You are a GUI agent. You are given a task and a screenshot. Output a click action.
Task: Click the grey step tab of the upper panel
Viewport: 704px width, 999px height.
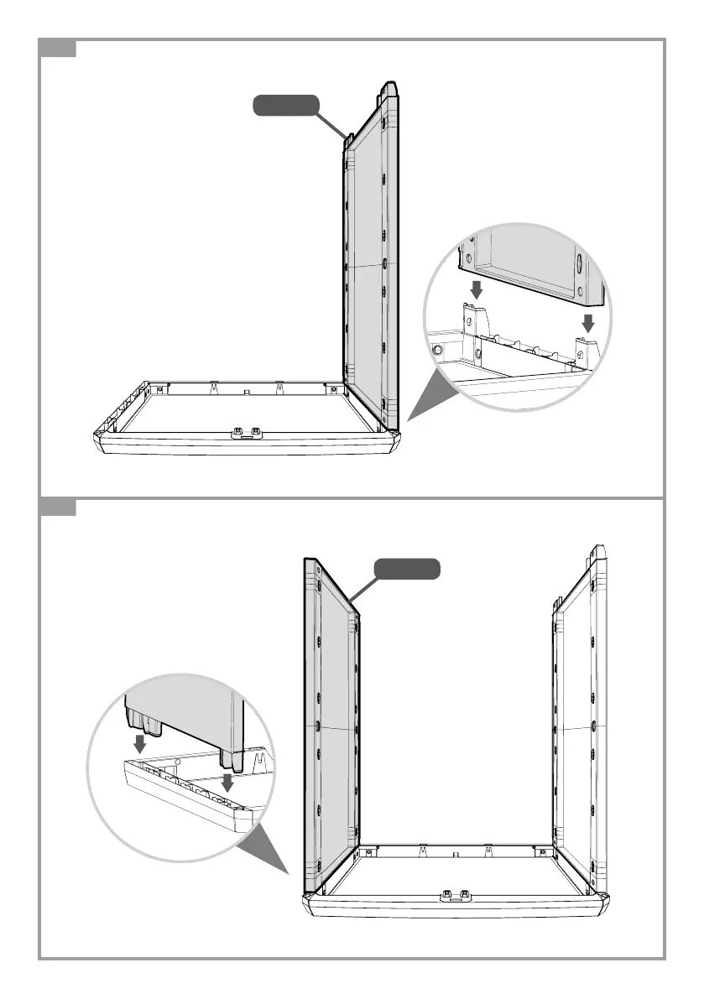point(59,49)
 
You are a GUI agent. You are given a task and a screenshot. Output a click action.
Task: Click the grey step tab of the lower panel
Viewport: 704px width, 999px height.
point(59,507)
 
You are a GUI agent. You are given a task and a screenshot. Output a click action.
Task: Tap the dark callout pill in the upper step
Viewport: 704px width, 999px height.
point(286,106)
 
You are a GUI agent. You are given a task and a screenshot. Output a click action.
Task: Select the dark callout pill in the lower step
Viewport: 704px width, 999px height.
point(406,568)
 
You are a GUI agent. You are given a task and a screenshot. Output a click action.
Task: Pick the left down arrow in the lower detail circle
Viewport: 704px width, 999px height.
point(140,743)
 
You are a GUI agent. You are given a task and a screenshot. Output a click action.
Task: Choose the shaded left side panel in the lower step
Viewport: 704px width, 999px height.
point(331,721)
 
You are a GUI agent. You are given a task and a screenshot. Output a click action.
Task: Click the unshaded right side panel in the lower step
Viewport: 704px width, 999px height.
point(579,713)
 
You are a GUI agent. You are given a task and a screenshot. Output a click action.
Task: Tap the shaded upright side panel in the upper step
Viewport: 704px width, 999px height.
point(369,260)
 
